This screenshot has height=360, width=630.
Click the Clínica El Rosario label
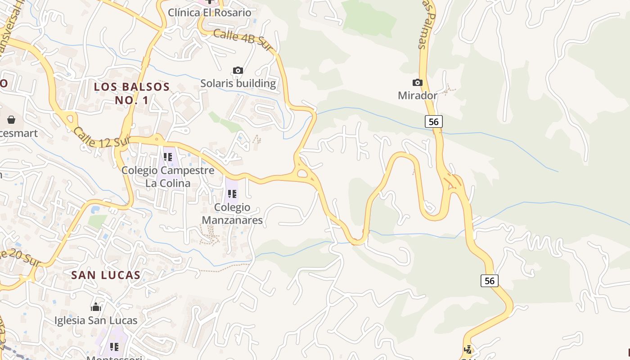click(x=209, y=12)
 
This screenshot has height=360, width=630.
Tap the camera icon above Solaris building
click(x=238, y=70)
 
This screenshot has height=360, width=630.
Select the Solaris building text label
click(x=238, y=83)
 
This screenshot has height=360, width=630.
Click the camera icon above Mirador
click(x=418, y=82)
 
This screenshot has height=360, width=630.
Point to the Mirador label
click(x=418, y=95)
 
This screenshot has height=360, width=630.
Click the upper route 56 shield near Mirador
click(x=433, y=121)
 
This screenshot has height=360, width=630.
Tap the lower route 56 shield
click(x=490, y=281)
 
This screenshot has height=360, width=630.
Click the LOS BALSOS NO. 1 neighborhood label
click(x=131, y=93)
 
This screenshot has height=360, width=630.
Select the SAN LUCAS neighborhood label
click(x=106, y=275)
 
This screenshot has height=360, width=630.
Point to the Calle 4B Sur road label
click(x=243, y=40)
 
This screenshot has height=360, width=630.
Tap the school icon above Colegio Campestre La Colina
click(x=168, y=157)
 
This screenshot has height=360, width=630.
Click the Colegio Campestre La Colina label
click(x=168, y=177)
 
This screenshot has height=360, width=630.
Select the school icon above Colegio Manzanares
click(x=232, y=194)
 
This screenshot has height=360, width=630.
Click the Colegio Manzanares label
click(x=232, y=214)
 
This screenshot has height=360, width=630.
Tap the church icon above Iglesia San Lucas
click(x=96, y=307)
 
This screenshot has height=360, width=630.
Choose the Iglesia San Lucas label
click(x=96, y=320)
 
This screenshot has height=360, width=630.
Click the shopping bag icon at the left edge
click(x=11, y=120)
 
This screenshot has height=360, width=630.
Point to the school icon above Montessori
click(x=114, y=347)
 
